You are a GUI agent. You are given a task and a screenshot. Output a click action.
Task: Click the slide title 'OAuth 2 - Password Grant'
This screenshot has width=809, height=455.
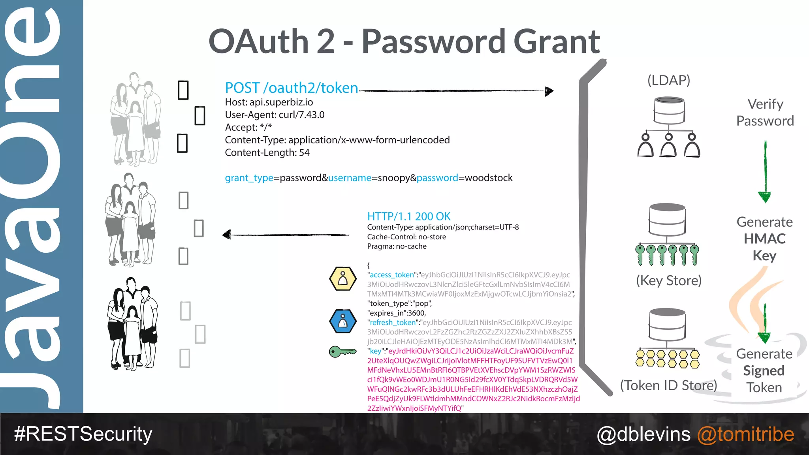coord(404,42)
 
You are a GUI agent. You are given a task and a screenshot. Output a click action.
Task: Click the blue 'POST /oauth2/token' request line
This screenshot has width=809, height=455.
coord(292,88)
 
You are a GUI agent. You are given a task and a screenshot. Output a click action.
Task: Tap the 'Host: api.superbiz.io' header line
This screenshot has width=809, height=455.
coord(269,102)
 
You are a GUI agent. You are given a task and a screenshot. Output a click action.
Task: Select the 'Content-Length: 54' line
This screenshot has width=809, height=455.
coord(267,153)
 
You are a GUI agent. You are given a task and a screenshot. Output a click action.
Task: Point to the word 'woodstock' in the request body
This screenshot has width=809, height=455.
coord(489,178)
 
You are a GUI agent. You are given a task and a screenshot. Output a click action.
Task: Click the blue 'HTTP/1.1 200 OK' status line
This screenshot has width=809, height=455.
coord(408,216)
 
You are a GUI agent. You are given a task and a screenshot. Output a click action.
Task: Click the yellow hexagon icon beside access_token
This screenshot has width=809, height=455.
coord(343,279)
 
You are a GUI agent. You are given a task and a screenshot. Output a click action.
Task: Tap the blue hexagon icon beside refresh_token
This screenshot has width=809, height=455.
coord(343,321)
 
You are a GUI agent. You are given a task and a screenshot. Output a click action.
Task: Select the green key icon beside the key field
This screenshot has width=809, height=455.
coord(342,351)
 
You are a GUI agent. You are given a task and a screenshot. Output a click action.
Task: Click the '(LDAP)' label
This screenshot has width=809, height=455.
coord(668,80)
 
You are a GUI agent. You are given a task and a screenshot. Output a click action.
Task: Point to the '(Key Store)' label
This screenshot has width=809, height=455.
coord(668,280)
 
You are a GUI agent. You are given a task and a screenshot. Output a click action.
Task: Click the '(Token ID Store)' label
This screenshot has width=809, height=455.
coord(668,385)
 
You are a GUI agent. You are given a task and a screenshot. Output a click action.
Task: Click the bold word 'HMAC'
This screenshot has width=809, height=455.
coord(764,239)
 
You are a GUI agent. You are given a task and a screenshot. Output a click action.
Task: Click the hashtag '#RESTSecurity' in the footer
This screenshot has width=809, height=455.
coord(83,434)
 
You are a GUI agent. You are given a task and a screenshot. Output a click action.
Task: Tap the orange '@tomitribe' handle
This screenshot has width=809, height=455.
coord(745,434)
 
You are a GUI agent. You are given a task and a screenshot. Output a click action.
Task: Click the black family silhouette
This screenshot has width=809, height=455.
coord(133,324)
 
